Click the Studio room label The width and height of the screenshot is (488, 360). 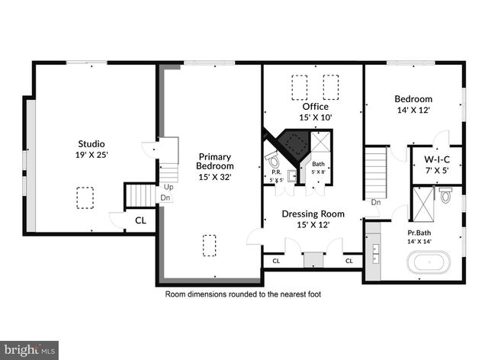coord(91,143)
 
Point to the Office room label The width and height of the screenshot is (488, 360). coord(315,106)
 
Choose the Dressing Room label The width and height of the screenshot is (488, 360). coord(313,214)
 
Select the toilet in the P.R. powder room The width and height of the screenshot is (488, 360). coord(273,159)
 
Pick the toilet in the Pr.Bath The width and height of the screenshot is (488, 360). coord(447,195)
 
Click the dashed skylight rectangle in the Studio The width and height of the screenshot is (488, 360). coord(85,198)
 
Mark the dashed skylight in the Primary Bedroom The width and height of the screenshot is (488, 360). coord(209,246)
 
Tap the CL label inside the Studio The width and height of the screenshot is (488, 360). coord(140,221)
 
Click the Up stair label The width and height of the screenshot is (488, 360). coord(166,187)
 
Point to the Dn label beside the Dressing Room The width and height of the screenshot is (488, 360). coord(376,203)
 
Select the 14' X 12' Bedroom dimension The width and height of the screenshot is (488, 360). coord(413,110)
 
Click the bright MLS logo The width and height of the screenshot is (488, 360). coord(30,350)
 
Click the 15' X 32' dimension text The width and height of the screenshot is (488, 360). coord(215,177)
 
